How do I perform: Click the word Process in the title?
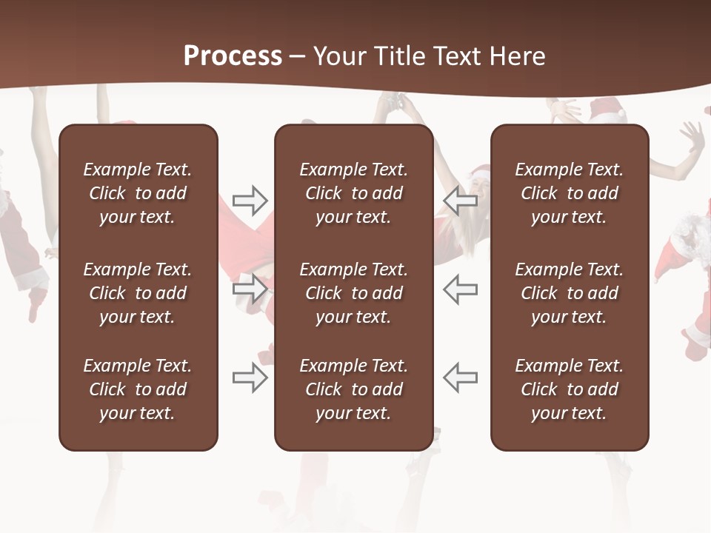233,56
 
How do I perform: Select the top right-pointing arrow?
250,200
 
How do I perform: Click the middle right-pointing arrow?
250,289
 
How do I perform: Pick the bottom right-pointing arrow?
250,378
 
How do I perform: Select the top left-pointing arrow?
461,200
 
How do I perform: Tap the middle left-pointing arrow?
461,289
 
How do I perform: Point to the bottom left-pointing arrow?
461,378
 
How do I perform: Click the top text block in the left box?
138,193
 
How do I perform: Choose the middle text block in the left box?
138,293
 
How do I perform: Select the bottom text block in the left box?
138,389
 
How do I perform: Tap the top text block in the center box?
353,193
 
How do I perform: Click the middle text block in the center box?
353,293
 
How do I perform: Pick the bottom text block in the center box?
353,389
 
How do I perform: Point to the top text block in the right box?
570,193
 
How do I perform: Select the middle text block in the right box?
570,293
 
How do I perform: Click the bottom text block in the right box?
570,389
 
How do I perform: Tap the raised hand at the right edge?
693,137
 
